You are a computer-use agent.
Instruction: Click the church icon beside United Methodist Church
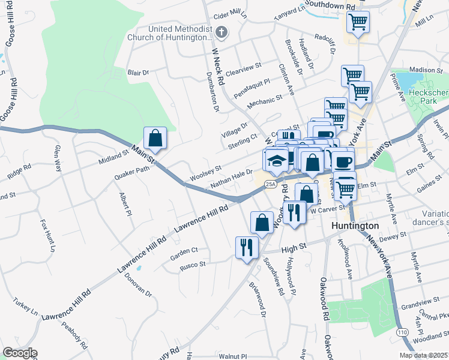221,32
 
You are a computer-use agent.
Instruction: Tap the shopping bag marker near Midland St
155,138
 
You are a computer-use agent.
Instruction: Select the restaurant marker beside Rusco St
247,247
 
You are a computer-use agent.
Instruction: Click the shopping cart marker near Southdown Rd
358,23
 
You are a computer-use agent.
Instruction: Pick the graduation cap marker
276,160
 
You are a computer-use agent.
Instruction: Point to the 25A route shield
272,184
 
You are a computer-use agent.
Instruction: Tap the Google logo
19,353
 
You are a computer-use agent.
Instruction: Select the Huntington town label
355,226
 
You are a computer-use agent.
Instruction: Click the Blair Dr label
138,73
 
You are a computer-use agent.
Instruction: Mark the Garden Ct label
184,250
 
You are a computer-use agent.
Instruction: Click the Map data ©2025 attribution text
423,355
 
